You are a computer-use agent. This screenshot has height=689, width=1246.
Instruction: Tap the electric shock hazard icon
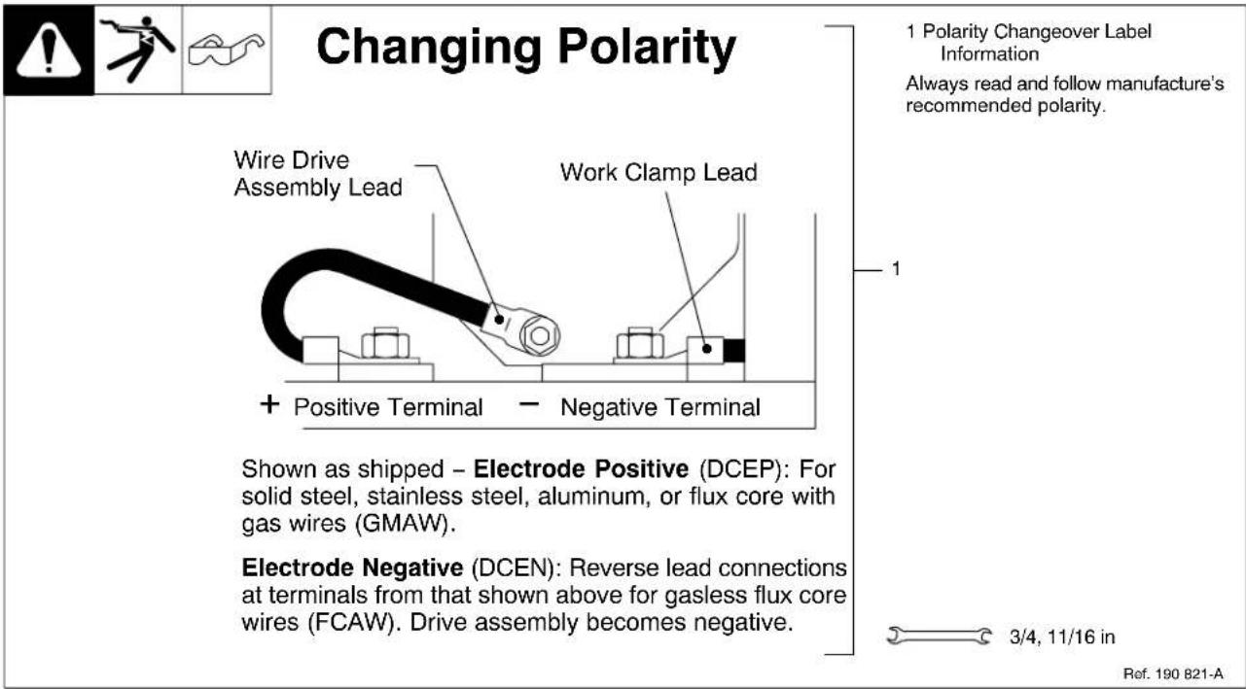[138, 49]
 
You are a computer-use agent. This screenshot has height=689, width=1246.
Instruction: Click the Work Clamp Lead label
[658, 173]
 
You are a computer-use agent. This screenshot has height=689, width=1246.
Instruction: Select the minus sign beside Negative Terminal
[529, 404]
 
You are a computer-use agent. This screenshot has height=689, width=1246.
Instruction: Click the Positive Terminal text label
[388, 407]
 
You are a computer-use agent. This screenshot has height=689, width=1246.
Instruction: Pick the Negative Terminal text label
[659, 407]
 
